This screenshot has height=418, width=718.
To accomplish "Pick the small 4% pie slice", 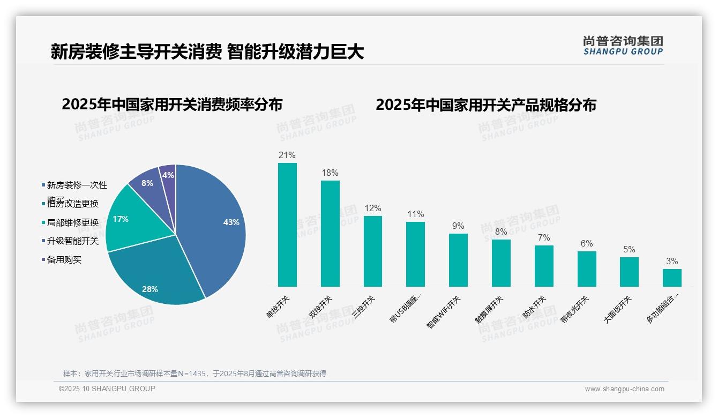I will [x=168, y=176].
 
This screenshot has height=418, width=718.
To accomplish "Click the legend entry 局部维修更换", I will [x=73, y=222].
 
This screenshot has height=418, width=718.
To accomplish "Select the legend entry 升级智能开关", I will [x=73, y=241].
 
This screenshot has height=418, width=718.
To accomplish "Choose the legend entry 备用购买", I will [x=64, y=260].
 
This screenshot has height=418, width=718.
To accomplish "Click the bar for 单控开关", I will [x=287, y=225].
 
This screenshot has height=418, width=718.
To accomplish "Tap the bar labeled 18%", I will [x=330, y=234].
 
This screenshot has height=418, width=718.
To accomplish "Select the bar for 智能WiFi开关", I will [x=458, y=260].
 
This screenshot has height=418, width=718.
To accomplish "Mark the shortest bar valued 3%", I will [x=672, y=278].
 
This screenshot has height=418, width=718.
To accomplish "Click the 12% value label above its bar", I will [x=373, y=208].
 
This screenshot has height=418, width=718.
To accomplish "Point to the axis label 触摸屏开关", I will [x=489, y=310].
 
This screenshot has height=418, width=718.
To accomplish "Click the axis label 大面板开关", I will [x=617, y=309].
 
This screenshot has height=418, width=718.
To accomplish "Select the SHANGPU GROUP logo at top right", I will [x=623, y=46].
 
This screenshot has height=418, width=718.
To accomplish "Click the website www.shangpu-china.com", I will [x=624, y=389].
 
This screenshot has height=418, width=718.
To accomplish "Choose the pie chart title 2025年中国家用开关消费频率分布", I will [x=172, y=104].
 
